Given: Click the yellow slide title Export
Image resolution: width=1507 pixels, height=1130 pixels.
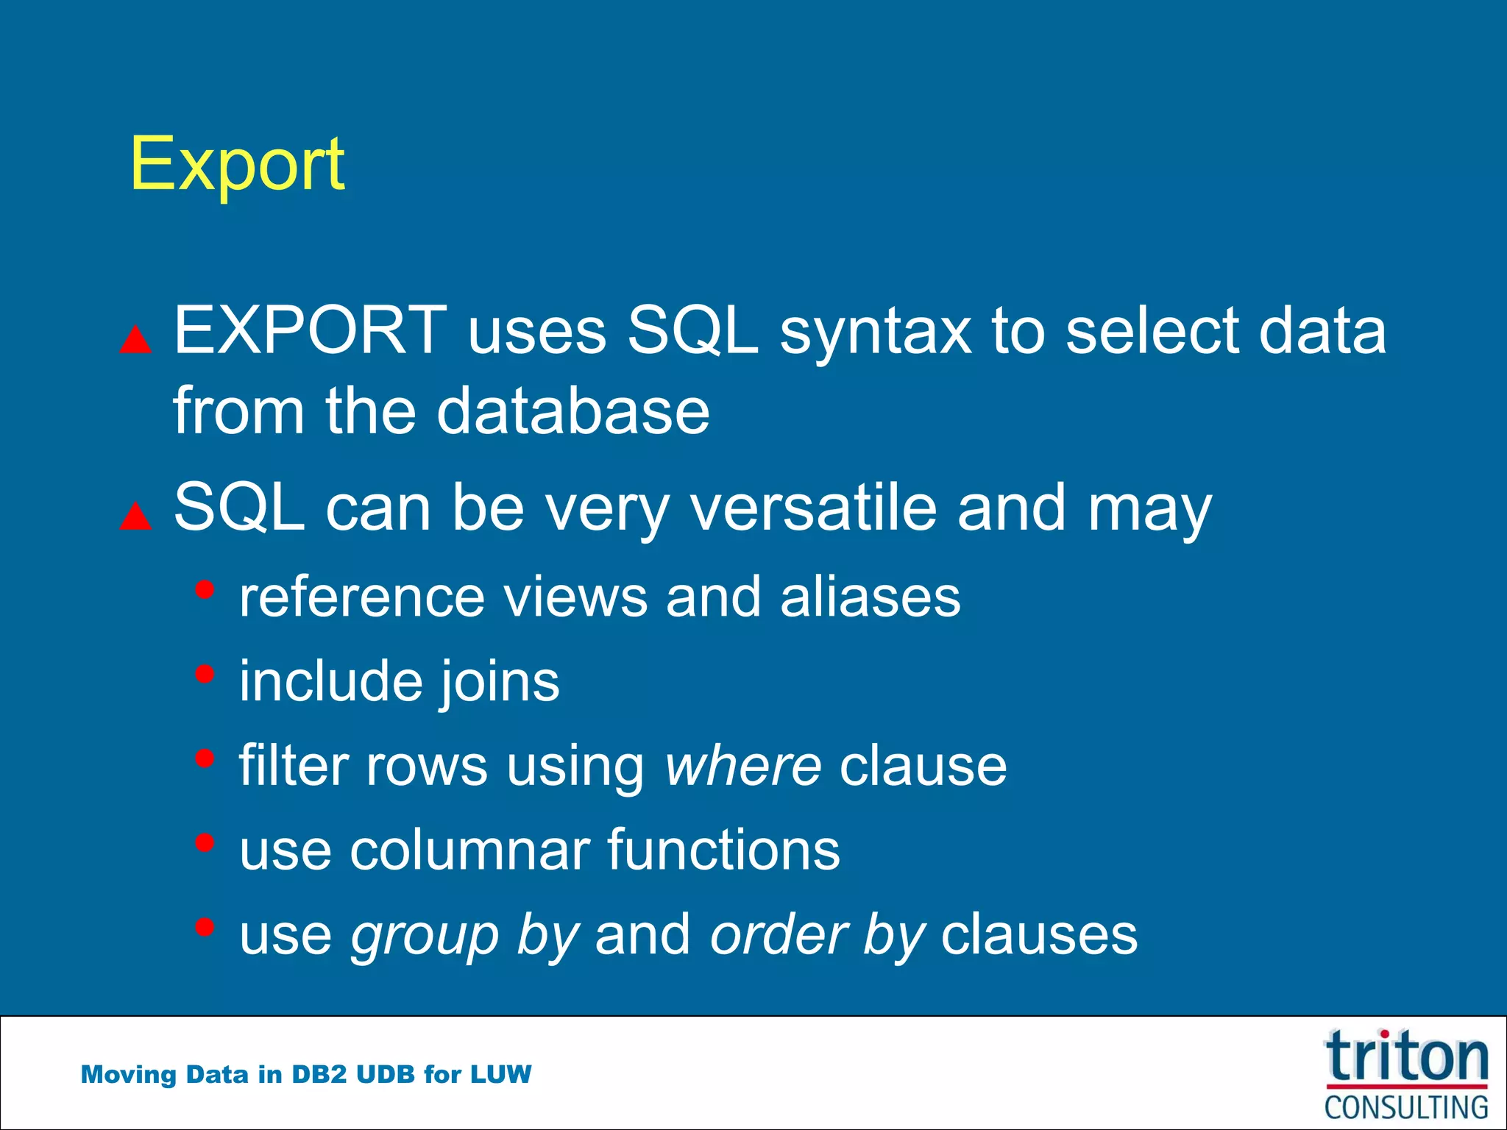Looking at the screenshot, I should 237,165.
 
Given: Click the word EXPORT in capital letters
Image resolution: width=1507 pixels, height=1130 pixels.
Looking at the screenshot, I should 310,331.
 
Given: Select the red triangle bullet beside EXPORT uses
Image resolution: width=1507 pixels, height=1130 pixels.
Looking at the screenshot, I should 135,340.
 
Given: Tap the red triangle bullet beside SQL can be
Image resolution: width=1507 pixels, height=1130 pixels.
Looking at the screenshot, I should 135,516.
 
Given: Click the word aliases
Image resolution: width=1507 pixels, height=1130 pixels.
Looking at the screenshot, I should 870,597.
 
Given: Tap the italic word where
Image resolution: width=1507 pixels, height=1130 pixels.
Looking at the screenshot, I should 742,766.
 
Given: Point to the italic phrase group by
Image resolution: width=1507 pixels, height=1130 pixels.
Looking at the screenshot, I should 464,937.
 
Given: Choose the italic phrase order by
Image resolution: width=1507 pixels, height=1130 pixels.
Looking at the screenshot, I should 817,936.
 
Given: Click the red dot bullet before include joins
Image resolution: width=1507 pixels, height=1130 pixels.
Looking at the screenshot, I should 205,674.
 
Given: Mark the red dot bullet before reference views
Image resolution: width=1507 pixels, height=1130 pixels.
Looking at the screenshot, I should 205,589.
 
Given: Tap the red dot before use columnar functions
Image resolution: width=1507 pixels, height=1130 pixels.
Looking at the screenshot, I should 205,842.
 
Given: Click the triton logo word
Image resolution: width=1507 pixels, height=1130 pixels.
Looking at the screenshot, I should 1406,1057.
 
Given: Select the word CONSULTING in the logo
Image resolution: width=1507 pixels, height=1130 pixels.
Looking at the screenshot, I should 1406,1108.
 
